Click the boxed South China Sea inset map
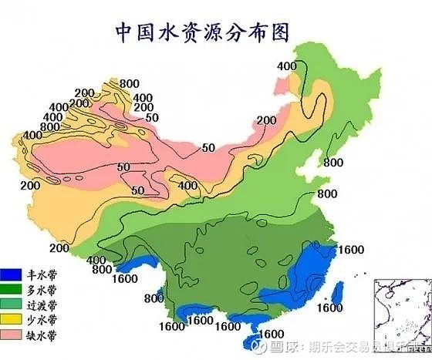pos(400,312)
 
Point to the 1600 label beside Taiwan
pos(329,308)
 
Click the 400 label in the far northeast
pos(286,66)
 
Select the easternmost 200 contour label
pos(266,120)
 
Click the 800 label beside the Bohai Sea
pos(333,163)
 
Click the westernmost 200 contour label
pos(30,187)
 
